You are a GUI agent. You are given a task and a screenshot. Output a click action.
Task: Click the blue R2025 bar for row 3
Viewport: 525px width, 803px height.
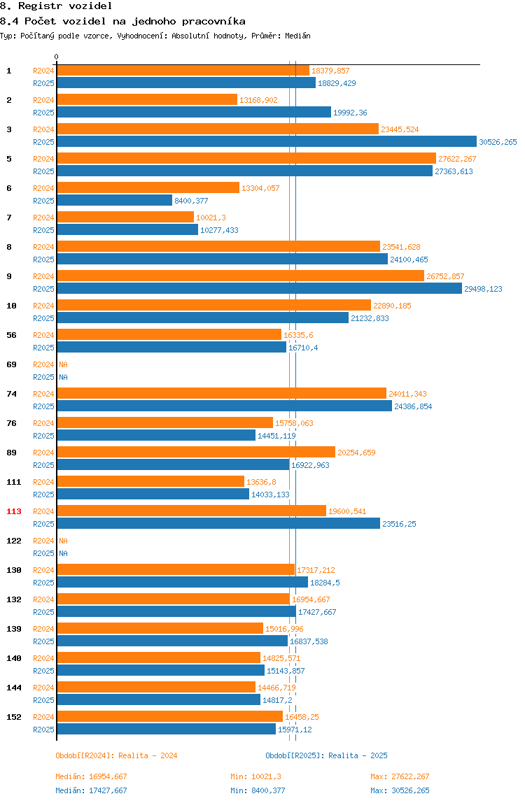click(x=267, y=142)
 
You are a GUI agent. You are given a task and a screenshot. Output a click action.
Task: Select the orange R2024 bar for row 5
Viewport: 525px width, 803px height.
click(x=246, y=159)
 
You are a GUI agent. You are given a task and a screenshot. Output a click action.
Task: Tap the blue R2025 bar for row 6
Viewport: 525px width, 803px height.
click(x=114, y=201)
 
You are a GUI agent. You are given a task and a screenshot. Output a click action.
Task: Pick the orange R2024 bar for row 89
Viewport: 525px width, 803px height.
click(x=196, y=453)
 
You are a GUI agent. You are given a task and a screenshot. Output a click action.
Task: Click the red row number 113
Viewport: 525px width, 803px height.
click(x=14, y=511)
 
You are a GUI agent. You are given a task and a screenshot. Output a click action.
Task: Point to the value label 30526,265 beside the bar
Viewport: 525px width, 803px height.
click(x=498, y=143)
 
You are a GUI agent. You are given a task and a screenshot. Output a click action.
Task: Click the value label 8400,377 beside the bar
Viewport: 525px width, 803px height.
click(x=191, y=201)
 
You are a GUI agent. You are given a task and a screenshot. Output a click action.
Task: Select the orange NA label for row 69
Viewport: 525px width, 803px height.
click(x=63, y=364)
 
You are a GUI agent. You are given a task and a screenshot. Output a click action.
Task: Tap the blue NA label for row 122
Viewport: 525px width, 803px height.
click(x=63, y=553)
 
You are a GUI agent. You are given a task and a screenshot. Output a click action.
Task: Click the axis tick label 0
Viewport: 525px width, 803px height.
click(x=57, y=57)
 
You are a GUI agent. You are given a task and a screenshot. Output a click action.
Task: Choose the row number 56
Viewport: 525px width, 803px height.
click(x=11, y=336)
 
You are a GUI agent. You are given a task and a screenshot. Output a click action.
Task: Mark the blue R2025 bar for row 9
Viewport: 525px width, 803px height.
click(x=260, y=289)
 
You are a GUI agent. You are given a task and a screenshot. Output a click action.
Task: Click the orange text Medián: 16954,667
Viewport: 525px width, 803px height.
click(x=91, y=777)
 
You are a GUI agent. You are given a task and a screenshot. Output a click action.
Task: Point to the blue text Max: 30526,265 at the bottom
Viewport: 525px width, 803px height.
click(x=400, y=790)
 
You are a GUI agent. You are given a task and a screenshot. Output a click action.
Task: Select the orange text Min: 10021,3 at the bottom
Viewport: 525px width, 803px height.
click(x=255, y=777)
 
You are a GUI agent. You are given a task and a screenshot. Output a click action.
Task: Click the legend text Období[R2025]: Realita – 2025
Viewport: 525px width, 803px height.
click(x=327, y=756)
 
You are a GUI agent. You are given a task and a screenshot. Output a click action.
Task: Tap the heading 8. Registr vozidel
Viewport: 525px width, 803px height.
click(x=56, y=6)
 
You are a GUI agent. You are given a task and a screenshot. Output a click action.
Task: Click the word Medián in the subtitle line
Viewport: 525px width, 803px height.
click(x=298, y=36)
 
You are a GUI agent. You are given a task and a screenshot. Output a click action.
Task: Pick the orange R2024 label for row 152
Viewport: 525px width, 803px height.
click(x=43, y=717)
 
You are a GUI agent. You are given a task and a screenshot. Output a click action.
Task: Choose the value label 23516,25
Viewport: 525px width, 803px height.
click(x=400, y=525)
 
